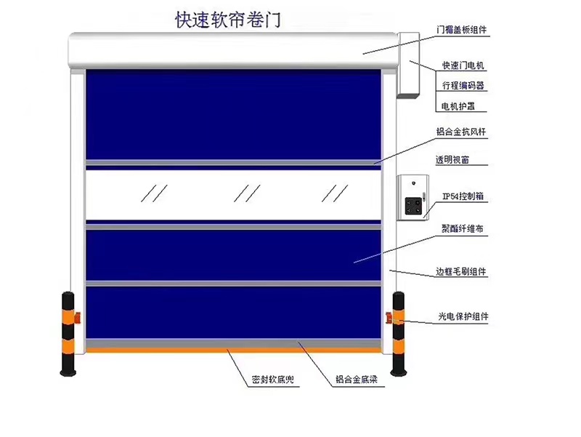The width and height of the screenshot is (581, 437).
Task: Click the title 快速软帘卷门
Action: pyautogui.click(x=228, y=20)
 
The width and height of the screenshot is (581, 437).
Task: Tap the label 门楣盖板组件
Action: pyautogui.click(x=461, y=30)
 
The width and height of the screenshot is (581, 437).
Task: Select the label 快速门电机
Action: pyautogui.click(x=463, y=65)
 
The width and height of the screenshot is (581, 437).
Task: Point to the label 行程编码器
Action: pyautogui.click(x=463, y=85)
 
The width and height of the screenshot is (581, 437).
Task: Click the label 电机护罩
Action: pyautogui.click(x=458, y=106)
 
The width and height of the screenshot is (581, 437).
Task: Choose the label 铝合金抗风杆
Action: pyautogui.click(x=461, y=132)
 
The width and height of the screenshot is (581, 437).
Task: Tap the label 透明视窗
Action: pyautogui.click(x=452, y=160)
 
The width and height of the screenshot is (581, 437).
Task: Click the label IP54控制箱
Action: pyautogui.click(x=463, y=196)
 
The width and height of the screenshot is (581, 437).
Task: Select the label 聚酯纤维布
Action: pyautogui.click(x=463, y=228)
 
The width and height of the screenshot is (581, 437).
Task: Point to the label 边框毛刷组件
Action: pyautogui.click(x=460, y=271)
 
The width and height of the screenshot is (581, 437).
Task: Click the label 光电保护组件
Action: pyautogui.click(x=463, y=316)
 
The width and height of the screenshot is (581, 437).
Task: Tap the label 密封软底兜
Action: pyautogui.click(x=273, y=380)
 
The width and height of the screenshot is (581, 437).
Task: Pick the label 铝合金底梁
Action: pyautogui.click(x=356, y=380)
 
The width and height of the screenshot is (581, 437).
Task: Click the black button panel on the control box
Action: pyautogui.click(x=413, y=206)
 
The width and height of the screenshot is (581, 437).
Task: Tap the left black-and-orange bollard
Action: pyautogui.click(x=68, y=334)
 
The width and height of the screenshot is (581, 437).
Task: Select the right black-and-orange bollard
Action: pyautogui.click(x=398, y=334)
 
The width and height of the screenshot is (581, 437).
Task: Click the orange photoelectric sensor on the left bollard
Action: pyautogui.click(x=78, y=318)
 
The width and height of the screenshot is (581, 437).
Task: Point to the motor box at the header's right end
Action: pyautogui.click(x=409, y=65)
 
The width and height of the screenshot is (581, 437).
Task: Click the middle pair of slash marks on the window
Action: pyautogui.click(x=247, y=193)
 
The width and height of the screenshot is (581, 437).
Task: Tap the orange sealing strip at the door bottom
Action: pyautogui.click(x=233, y=350)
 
